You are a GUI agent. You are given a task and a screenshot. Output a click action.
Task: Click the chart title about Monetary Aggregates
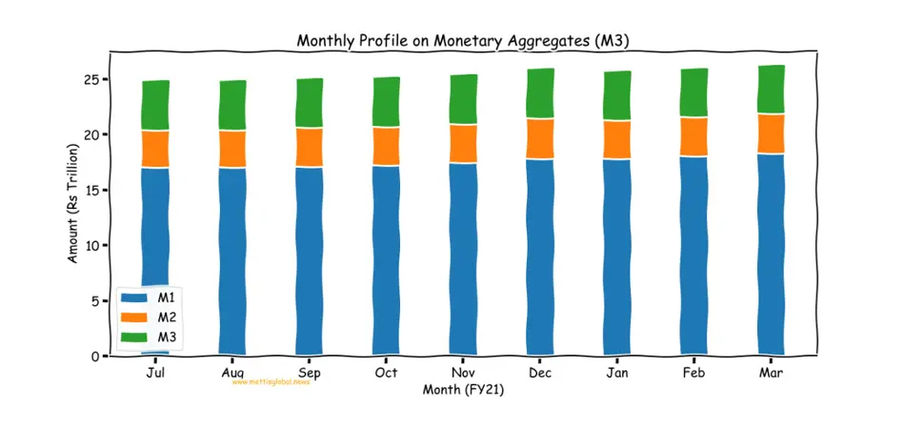click(x=463, y=40)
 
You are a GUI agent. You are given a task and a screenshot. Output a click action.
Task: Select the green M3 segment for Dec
click(x=540, y=93)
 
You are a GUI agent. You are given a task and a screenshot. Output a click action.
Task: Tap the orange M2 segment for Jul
click(x=155, y=149)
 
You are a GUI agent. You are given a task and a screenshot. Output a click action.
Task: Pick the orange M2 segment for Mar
click(x=770, y=133)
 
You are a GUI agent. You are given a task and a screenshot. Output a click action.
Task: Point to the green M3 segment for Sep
click(x=310, y=103)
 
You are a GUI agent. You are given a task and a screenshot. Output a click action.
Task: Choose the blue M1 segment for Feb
click(x=694, y=255)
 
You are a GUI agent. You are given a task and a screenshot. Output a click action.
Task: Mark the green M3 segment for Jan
click(x=617, y=95)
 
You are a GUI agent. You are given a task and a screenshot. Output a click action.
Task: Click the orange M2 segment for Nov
click(x=463, y=144)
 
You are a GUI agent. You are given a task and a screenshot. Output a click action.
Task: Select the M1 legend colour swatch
click(x=134, y=298)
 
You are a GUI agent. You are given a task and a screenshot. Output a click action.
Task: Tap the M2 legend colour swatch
click(x=134, y=317)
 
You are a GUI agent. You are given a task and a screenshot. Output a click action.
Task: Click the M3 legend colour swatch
click(x=134, y=337)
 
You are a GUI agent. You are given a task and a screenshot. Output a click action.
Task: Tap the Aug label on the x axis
click(x=232, y=372)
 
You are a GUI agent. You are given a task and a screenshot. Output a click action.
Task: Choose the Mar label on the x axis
click(x=770, y=372)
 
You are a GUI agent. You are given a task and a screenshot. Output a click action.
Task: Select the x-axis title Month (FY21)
click(x=463, y=389)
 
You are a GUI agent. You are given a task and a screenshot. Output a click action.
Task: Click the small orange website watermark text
click(x=271, y=381)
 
